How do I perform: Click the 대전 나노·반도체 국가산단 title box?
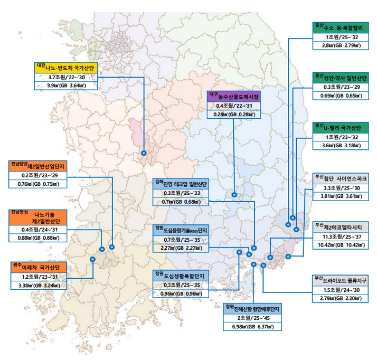67,67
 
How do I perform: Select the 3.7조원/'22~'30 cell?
67,77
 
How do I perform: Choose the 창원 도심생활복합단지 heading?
182,276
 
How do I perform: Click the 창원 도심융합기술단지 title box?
182,230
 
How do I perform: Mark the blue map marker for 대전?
144,153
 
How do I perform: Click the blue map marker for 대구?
234,195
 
